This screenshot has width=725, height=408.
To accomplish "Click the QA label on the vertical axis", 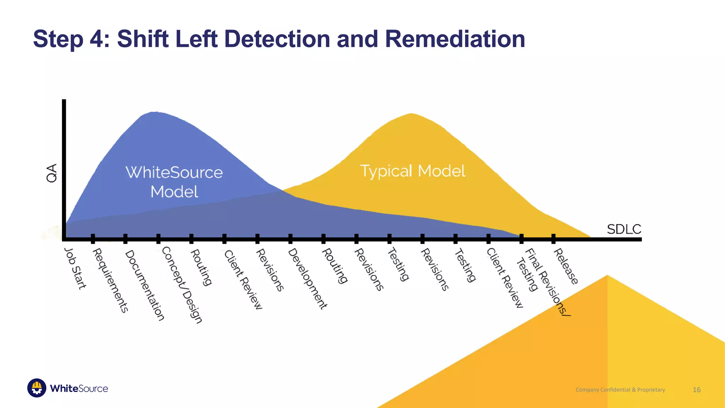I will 52,173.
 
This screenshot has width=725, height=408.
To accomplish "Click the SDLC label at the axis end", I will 624,229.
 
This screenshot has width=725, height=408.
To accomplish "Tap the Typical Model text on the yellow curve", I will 412,171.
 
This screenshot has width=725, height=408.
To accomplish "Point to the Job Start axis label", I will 75,268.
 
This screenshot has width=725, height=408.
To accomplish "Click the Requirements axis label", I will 110,280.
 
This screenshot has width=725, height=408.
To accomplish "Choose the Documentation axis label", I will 145,285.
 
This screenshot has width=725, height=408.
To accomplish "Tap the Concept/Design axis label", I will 182,285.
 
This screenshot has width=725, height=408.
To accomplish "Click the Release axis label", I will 566,266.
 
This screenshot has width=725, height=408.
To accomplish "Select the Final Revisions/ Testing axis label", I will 542,280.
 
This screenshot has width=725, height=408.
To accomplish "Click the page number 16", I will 696,390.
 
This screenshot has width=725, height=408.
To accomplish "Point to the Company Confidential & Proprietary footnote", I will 620,390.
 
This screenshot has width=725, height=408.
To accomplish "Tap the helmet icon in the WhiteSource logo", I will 37,388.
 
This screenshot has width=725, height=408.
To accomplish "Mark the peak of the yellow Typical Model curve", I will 411,114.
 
